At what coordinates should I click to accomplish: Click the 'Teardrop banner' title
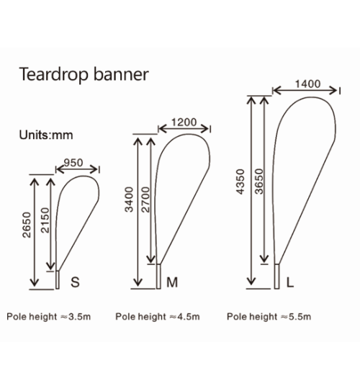84,74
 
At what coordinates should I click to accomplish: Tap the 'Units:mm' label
46,135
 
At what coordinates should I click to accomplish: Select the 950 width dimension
73,163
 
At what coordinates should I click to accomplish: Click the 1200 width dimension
184,122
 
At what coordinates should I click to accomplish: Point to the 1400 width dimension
307,84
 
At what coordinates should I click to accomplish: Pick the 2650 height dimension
27,225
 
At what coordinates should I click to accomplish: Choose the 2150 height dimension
45,220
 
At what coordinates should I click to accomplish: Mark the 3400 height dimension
129,200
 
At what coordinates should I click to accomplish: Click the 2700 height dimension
145,200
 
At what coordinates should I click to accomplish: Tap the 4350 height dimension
240,182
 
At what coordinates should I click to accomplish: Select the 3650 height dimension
259,181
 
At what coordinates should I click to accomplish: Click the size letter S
75,282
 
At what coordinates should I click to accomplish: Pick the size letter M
172,282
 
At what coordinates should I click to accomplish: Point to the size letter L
290,282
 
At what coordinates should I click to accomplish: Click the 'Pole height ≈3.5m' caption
48,317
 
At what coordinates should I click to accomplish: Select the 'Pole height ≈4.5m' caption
158,317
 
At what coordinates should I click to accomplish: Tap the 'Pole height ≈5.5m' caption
269,317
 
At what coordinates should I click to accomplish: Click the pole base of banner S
58,280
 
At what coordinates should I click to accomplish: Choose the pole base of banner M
158,277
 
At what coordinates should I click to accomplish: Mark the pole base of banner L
276,277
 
